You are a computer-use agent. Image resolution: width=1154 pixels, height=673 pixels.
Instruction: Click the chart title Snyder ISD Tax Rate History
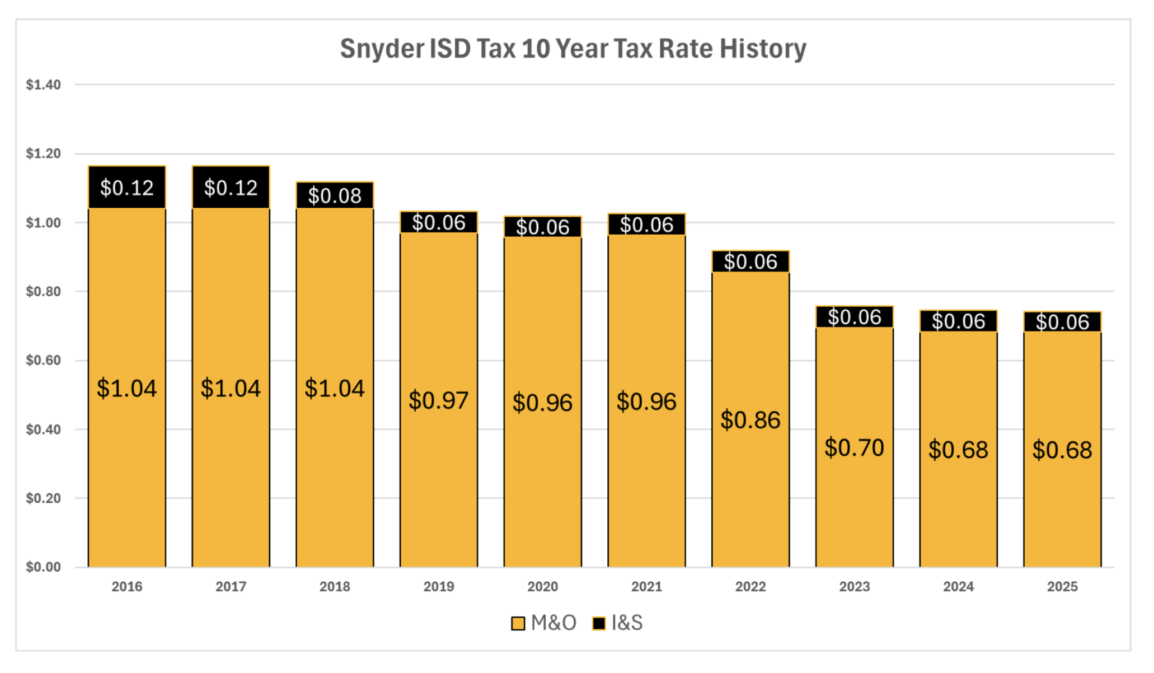tap(573, 49)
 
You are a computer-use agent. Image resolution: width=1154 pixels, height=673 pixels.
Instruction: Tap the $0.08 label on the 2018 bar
tap(335, 195)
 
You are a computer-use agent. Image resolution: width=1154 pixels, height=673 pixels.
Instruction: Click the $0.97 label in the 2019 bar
tap(438, 400)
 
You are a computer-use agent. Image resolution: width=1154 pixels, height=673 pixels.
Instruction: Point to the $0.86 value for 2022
tap(750, 420)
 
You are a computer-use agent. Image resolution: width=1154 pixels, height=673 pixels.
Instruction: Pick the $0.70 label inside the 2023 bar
tap(854, 448)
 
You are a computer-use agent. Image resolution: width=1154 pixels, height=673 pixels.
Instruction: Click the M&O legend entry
tap(544, 623)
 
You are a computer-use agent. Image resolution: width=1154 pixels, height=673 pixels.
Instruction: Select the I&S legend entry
tap(618, 623)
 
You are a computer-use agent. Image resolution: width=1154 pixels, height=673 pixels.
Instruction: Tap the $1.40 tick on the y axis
tap(43, 85)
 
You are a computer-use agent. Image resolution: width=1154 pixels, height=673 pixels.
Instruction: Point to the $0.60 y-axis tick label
tap(43, 360)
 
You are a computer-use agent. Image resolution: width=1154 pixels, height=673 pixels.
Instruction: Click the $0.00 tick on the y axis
tap(43, 567)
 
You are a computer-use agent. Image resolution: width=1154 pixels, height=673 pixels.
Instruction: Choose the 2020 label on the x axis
tap(542, 586)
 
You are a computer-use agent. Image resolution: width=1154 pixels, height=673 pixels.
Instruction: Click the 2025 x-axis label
tap(1062, 586)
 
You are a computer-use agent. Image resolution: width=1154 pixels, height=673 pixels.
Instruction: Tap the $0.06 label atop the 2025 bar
tap(1062, 322)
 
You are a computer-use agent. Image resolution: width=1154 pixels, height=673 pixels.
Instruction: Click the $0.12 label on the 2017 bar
tap(231, 188)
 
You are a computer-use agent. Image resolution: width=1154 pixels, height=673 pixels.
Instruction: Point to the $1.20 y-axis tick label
tap(43, 153)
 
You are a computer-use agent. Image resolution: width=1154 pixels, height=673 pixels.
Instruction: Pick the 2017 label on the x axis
tap(231, 586)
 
